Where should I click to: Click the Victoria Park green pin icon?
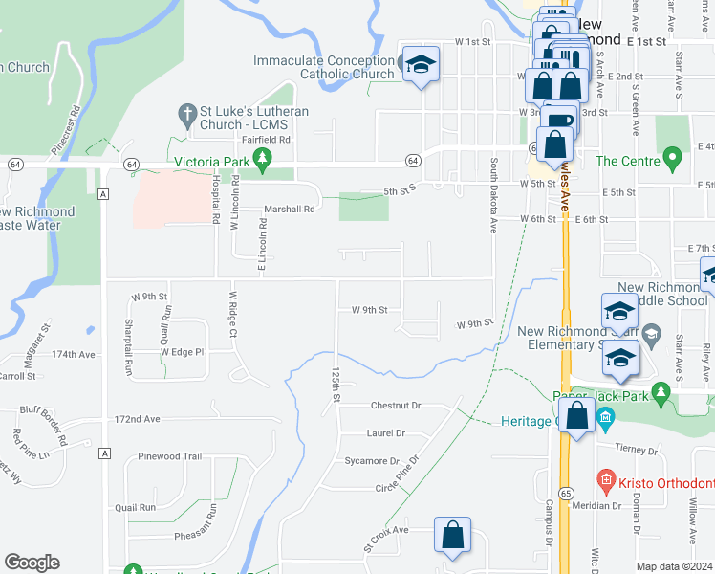pos(257,162)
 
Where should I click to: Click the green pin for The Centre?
pos(672,159)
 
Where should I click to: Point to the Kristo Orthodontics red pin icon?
pos(604,477)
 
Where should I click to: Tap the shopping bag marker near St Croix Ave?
pos(452,537)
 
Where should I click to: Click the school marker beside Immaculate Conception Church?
pos(420,66)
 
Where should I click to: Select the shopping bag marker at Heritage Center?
pos(577,417)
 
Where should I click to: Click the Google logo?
pos(32,562)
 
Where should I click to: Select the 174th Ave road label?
pos(76,354)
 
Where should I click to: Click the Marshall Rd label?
pos(289,210)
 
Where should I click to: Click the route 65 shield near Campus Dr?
pos(567,492)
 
